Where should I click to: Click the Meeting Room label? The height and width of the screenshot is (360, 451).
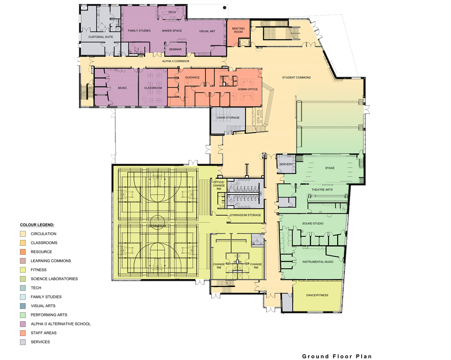238,30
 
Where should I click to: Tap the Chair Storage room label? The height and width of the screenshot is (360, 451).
228,118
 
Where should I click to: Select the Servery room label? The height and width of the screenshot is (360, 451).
286,164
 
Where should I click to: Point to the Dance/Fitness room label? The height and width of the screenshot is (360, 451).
317,295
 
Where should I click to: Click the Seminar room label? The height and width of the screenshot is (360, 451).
175,49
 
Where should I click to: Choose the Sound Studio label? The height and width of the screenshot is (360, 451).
313,223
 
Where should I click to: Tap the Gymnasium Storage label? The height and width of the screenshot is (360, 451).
245,215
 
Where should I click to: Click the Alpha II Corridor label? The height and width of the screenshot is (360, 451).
176,61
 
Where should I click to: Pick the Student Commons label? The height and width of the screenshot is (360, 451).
296,77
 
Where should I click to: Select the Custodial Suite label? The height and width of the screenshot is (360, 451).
101,37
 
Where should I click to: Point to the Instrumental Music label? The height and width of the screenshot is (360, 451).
318,262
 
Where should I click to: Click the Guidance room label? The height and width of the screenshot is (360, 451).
192,77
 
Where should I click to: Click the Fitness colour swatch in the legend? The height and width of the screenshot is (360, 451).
23,270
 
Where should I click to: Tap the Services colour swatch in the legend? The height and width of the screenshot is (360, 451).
23,342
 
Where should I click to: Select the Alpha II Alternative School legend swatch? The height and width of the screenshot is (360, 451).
23,324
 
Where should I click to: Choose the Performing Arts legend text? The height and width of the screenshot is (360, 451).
49,315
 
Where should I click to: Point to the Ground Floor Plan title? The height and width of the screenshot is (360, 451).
337,356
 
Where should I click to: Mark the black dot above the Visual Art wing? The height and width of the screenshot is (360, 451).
225,8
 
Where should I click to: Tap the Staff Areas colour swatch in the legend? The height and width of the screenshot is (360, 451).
23,333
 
